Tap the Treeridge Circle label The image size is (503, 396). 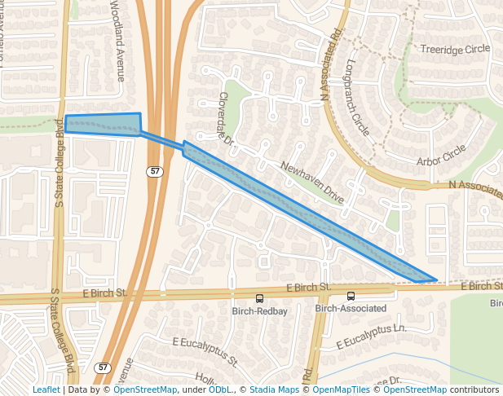(455, 49)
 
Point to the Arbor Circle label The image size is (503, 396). (440, 154)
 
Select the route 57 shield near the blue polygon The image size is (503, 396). (155, 171)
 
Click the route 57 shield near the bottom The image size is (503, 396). (102, 367)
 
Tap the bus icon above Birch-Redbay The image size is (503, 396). (260, 298)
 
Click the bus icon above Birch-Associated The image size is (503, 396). (351, 297)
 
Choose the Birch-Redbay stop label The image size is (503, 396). (260, 311)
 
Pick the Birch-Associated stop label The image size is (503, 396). (351, 309)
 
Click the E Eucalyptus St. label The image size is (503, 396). (205, 351)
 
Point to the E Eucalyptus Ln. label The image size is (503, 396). (372, 334)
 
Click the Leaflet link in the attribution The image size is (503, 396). (46, 390)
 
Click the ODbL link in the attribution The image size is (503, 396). (220, 390)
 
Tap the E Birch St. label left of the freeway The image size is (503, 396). (105, 293)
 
